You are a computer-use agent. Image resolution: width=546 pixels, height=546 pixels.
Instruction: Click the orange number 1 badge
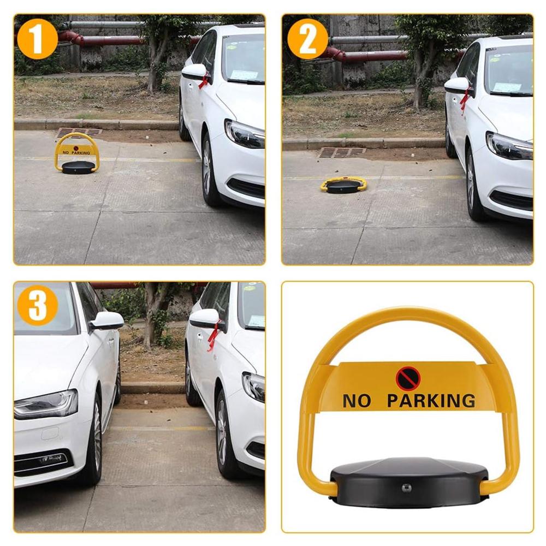(x=37, y=39)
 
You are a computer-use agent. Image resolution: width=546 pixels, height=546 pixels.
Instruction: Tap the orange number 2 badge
(x=308, y=39)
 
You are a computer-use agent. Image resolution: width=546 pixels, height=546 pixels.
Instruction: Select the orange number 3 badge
(x=37, y=305)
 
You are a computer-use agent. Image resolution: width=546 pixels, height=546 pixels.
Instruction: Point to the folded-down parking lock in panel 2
(x=343, y=185)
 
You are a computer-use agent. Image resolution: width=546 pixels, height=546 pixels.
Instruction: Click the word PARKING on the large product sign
(x=431, y=401)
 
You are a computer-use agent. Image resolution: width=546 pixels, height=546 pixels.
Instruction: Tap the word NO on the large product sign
(x=357, y=401)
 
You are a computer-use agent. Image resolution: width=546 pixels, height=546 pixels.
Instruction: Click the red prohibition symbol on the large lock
(x=408, y=378)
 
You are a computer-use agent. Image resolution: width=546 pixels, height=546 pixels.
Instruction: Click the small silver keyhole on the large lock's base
(x=406, y=488)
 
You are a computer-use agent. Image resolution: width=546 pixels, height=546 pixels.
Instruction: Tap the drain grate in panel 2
(x=341, y=152)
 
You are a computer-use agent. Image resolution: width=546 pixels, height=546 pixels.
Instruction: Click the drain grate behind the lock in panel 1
(x=79, y=132)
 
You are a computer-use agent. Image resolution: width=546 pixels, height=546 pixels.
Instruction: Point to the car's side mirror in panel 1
(x=195, y=72)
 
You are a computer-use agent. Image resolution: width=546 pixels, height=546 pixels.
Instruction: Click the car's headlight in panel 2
(x=508, y=145)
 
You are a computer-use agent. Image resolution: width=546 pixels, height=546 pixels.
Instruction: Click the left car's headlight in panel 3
(x=46, y=405)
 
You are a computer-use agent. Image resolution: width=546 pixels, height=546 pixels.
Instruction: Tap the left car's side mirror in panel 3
(x=106, y=321)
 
